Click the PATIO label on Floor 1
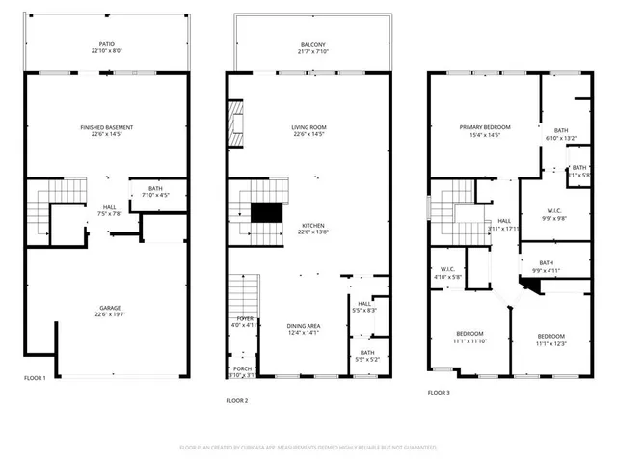(x=107, y=44)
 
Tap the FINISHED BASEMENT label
(x=107, y=127)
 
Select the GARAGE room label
(x=107, y=308)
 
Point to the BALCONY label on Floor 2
(x=312, y=44)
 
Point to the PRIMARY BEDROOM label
(x=485, y=127)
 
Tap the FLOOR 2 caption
(x=237, y=399)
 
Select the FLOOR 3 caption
(x=439, y=393)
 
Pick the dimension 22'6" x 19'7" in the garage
(x=107, y=314)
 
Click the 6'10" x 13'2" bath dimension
(x=561, y=138)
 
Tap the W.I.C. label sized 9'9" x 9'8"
(x=547, y=218)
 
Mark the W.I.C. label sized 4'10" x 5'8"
(x=447, y=277)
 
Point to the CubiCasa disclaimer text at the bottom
(x=308, y=448)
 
